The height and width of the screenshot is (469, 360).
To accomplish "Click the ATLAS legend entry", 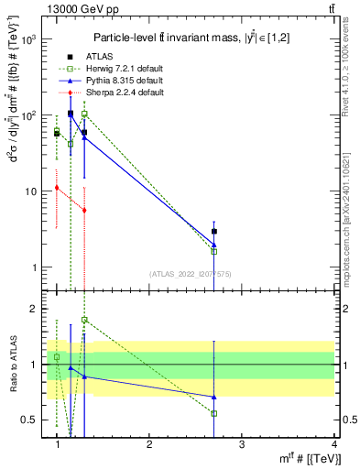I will [x=88, y=58].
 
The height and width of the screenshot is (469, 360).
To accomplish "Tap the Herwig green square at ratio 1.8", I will [x=84, y=320].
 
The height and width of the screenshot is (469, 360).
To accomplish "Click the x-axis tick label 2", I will [x=149, y=443].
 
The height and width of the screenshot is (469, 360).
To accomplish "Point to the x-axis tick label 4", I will [x=334, y=443].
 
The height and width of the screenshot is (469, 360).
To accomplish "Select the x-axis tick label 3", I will [x=242, y=443].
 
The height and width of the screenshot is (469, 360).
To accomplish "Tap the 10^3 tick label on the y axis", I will [x=30, y=40].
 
